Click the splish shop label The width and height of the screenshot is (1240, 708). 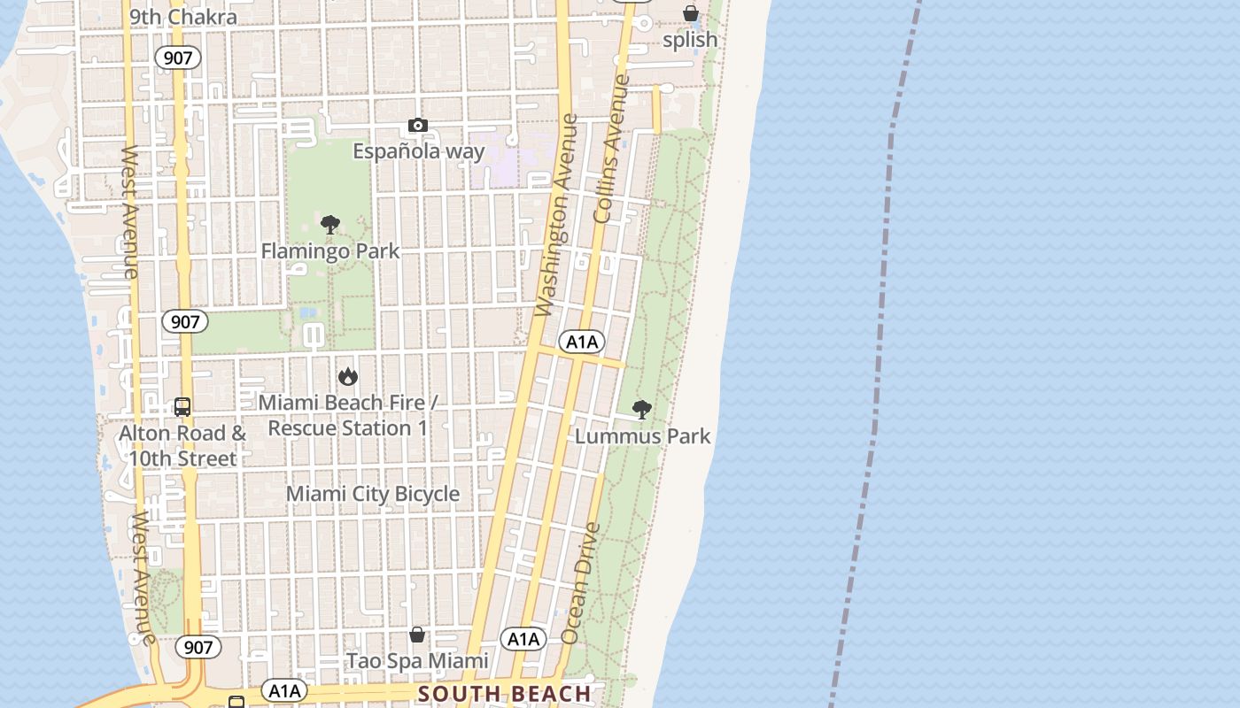690,40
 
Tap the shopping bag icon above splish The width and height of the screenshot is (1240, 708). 690,13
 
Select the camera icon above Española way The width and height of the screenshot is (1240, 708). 418,126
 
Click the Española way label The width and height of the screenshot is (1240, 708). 419,151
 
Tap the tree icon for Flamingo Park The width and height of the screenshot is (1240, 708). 330,225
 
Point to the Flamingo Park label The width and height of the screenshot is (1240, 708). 330,251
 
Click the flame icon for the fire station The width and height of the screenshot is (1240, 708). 348,377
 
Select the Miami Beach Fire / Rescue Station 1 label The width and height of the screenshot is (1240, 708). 348,415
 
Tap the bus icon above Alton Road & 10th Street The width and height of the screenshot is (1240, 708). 182,407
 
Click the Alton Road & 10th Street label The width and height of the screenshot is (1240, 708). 182,446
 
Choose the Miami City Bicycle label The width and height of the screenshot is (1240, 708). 373,494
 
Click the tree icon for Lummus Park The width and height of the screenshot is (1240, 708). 642,410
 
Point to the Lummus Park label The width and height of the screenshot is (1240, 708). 643,436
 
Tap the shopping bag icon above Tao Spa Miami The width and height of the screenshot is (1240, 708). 417,635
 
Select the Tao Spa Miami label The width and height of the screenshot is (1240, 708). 417,661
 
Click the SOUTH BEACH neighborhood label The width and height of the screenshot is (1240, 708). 504,694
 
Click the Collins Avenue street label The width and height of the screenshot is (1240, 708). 612,148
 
